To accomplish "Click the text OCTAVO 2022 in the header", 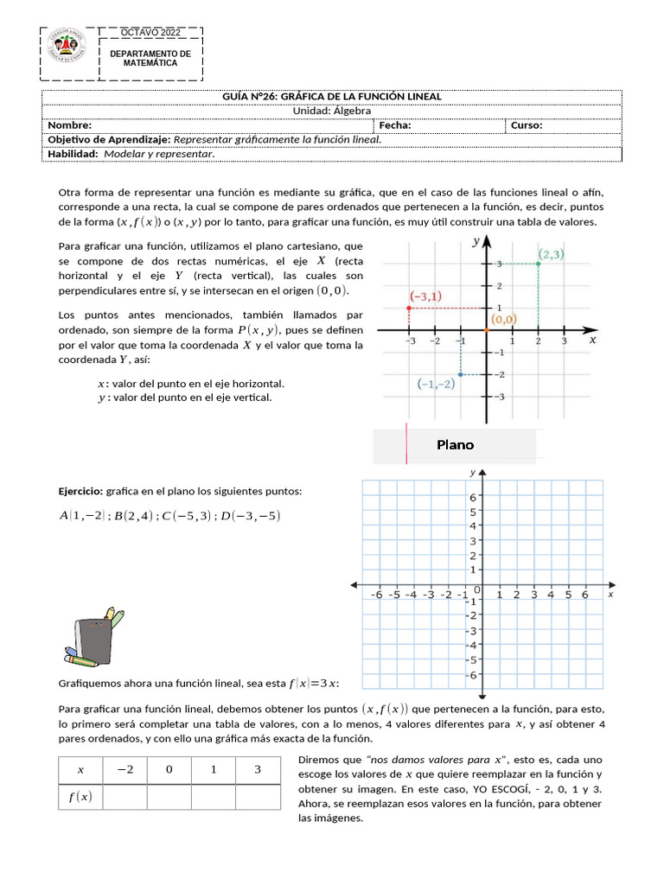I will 150,33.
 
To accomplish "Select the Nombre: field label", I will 68,125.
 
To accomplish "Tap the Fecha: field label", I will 394,125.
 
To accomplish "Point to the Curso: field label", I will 527,125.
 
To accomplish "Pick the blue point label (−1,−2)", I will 436,385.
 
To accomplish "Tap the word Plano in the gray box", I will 455,445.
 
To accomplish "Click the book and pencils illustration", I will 90,639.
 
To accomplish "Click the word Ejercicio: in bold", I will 80,492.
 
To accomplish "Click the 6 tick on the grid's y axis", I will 472,498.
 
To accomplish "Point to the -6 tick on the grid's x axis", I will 376,595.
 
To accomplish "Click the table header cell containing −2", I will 124,770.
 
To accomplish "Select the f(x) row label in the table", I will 80,797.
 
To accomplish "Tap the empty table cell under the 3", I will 258,797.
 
